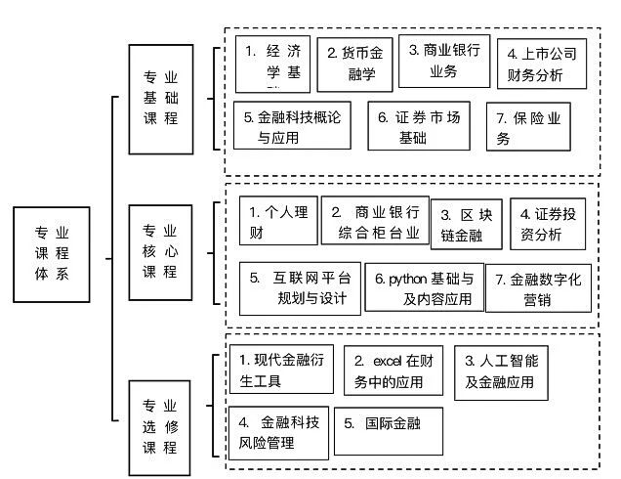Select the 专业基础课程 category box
(x=161, y=97)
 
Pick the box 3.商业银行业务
(x=444, y=61)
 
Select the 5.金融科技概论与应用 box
(x=294, y=126)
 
